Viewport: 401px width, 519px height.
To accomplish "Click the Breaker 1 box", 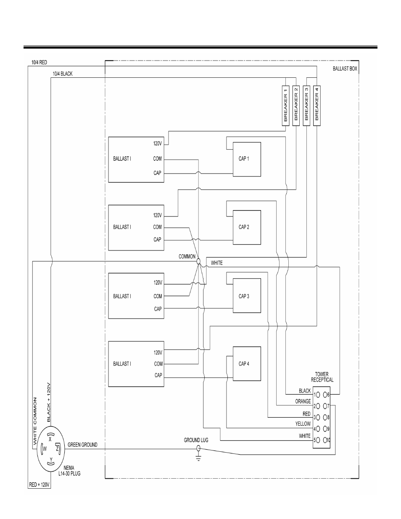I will [286, 105].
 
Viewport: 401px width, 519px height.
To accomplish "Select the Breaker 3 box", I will [306, 105].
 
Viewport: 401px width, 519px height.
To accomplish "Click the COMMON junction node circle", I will [198, 261].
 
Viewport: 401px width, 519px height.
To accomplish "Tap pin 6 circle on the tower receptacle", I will [325, 395].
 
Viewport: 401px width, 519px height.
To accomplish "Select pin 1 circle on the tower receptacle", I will [318, 395].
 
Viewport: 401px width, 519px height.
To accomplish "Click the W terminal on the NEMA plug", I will [45, 449].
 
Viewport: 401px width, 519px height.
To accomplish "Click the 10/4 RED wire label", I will [39, 62].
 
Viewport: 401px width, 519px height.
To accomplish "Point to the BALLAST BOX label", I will [345, 68].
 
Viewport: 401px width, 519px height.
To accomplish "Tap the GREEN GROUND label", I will [82, 445].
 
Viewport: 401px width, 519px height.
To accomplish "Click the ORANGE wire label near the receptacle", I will [303, 401].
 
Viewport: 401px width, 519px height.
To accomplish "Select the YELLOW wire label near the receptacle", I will [303, 424].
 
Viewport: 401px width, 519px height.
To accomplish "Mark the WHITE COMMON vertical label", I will [35, 422].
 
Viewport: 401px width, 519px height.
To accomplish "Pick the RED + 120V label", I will [39, 485].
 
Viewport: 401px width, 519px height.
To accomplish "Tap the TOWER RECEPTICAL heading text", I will [322, 377].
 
